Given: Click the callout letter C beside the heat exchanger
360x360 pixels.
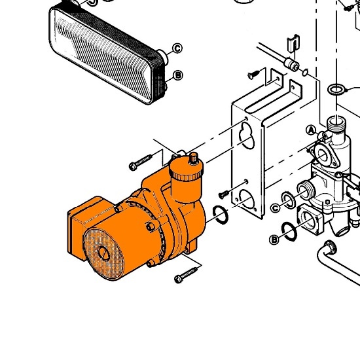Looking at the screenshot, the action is pos(177,48).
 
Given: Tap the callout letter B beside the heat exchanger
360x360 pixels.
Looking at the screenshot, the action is pos(178,75).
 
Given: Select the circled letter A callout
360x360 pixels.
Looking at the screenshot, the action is pos(311,130).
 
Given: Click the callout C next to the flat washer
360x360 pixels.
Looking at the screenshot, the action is pos(276,208).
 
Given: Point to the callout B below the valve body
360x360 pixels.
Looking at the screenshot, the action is pos(274,240).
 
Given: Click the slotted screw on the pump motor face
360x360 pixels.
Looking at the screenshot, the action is pos(104,253).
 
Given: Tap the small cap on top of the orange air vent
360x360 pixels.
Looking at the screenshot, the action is pos(194,158).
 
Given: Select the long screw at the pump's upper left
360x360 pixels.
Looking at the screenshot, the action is pos(140,162).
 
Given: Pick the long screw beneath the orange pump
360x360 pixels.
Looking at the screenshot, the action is pos(185,275).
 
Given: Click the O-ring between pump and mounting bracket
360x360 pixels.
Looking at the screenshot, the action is pos(221,215).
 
